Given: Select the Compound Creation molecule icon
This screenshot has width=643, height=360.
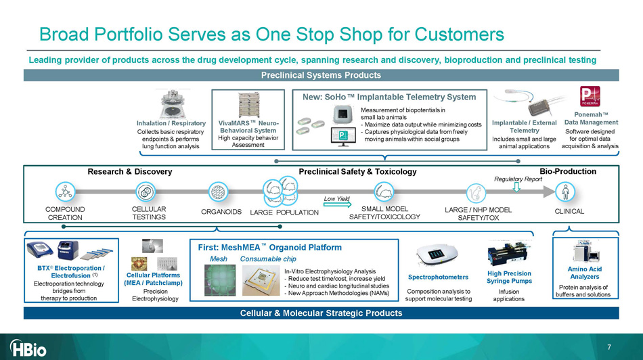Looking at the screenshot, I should click(66, 192).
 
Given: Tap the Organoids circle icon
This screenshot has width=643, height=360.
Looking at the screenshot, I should click(218, 192).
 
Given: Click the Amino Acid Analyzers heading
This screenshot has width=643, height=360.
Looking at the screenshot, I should click(585, 273).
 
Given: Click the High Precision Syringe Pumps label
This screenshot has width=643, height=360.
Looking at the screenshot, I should click(509, 277).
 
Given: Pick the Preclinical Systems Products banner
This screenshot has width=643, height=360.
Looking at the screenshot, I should click(321, 75).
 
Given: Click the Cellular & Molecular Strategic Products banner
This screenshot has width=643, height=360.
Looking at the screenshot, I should click(321, 313).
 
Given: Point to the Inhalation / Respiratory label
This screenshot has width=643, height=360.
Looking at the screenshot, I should click(171, 123).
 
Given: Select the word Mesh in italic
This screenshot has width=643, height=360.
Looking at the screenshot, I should click(219, 258).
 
